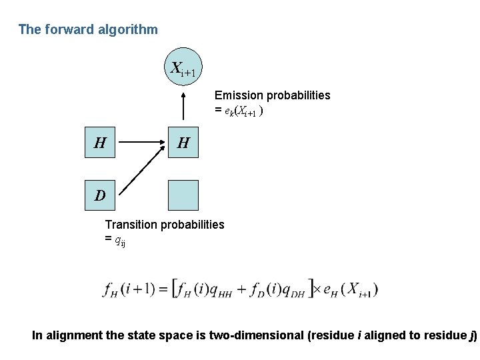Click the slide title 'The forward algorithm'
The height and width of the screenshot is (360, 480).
pyautogui.click(x=88, y=29)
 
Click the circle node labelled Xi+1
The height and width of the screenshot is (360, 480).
pyautogui.click(x=183, y=67)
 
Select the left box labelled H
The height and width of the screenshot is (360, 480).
pyautogui.click(x=100, y=142)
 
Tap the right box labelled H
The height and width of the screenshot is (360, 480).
pyautogui.click(x=183, y=142)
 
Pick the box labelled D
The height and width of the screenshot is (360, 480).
pyautogui.click(x=100, y=195)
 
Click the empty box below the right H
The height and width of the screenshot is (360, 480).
pyautogui.click(x=183, y=195)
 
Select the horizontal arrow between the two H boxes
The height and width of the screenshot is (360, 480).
pyautogui.click(x=141, y=142)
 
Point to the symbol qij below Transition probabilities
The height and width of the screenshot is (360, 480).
pyautogui.click(x=120, y=241)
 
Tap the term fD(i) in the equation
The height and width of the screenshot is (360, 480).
pyautogui.click(x=261, y=289)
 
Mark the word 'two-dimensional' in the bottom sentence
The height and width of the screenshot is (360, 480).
pyautogui.click(x=255, y=335)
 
